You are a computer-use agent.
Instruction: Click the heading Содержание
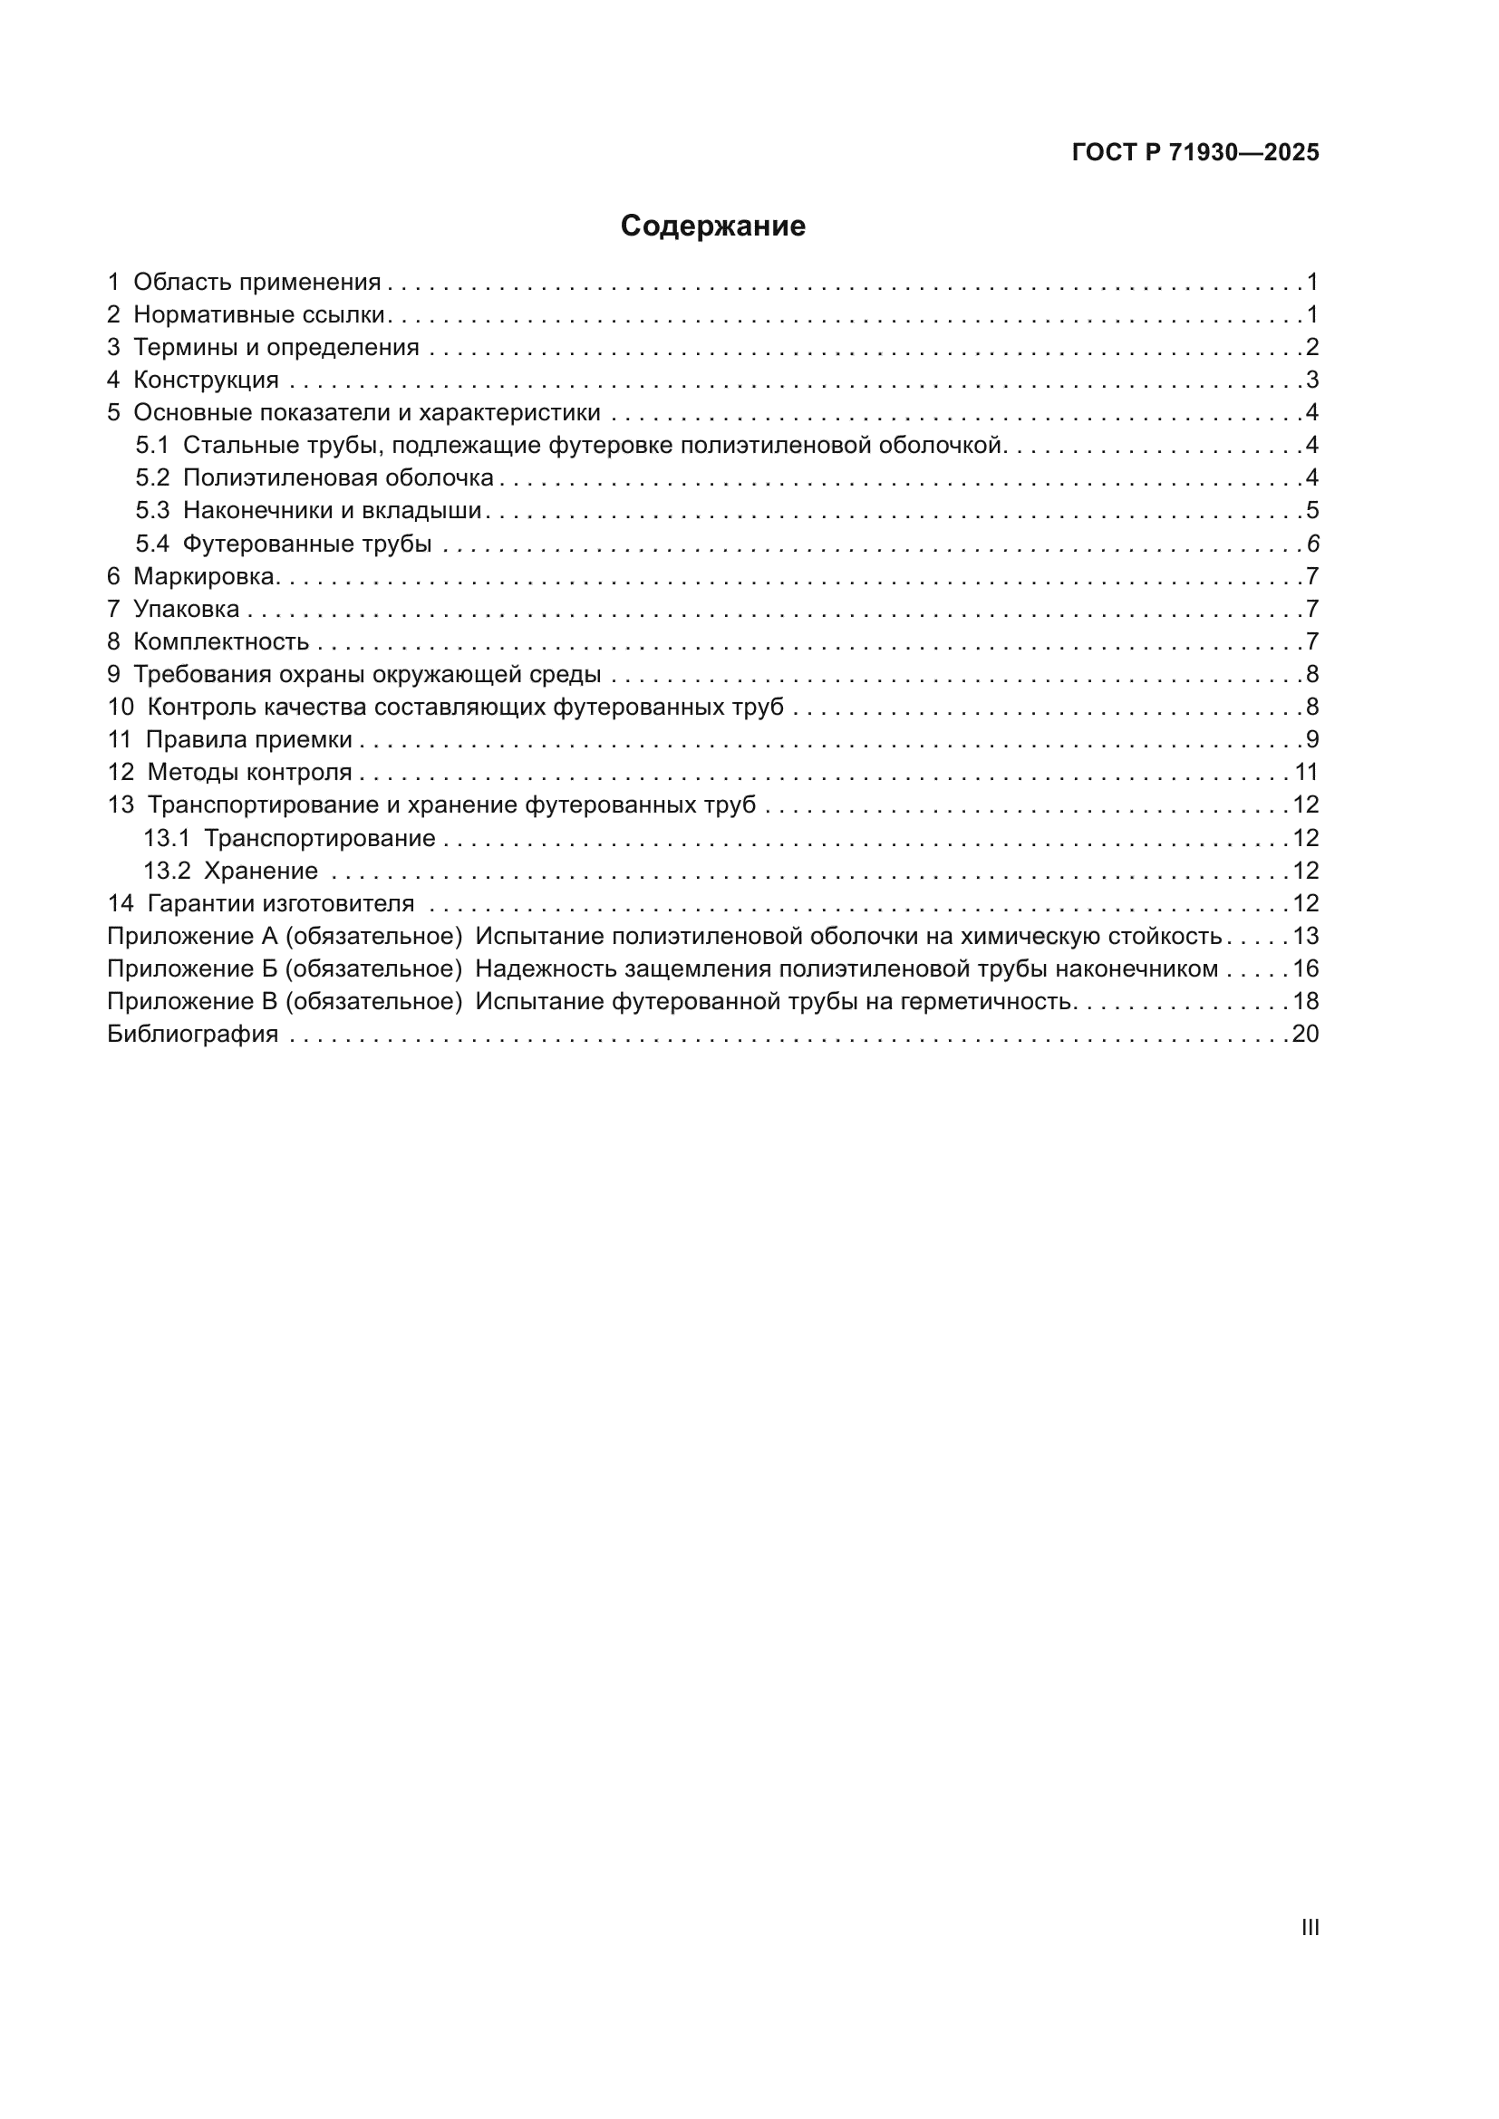(x=712, y=226)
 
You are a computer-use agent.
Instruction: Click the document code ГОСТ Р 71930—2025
(x=1195, y=153)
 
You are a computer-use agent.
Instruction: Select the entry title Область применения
(x=256, y=283)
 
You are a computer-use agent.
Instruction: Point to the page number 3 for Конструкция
(x=1311, y=380)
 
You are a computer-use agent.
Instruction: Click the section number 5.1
(x=152, y=446)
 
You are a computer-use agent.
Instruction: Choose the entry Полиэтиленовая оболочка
(x=338, y=478)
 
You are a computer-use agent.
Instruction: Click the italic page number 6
(x=1312, y=544)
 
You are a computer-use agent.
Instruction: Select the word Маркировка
(x=205, y=577)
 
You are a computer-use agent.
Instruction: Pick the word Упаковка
(x=187, y=609)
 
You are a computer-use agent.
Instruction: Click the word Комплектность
(x=220, y=641)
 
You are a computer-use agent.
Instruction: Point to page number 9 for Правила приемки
(x=1311, y=739)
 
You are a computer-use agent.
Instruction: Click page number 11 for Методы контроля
(x=1306, y=773)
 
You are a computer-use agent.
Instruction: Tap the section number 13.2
(x=166, y=872)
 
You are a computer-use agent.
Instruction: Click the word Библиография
(x=193, y=1034)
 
